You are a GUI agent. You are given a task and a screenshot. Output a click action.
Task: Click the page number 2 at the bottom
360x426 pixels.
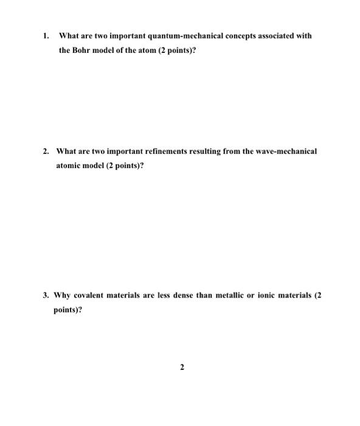pos(181,367)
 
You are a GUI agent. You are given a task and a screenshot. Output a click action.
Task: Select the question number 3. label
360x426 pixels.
pos(46,295)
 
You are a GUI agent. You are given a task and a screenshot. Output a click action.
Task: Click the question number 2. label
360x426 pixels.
pos(47,150)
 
